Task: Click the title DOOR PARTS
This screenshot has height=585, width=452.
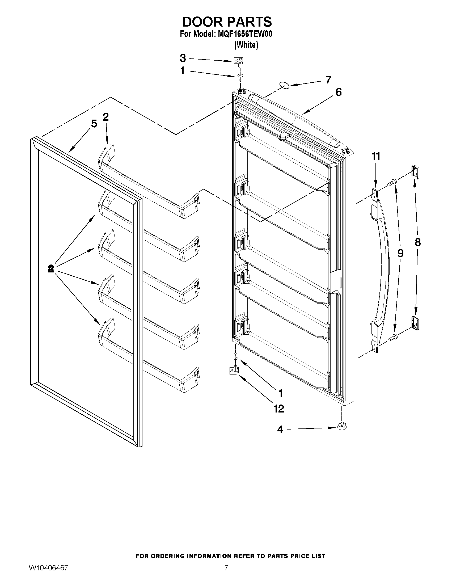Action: click(227, 22)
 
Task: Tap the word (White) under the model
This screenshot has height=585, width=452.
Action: click(246, 45)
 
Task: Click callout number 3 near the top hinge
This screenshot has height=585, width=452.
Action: click(183, 58)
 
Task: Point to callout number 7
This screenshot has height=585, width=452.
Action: click(328, 79)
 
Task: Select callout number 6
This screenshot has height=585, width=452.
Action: click(339, 92)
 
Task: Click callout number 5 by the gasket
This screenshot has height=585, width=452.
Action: click(94, 124)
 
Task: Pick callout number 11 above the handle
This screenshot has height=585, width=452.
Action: click(376, 156)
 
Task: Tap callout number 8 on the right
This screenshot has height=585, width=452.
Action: click(417, 242)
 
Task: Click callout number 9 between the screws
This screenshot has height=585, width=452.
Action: click(400, 253)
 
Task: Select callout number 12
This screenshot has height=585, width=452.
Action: click(279, 409)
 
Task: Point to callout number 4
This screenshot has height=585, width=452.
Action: click(280, 430)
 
